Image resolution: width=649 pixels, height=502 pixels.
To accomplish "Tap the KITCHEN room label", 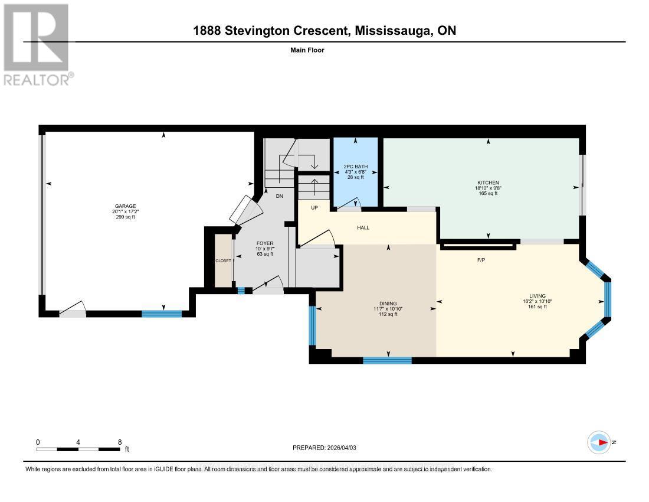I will [488, 182].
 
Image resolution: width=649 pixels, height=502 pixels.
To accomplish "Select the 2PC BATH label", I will [355, 166].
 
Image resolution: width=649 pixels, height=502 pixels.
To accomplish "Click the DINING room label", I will [389, 303].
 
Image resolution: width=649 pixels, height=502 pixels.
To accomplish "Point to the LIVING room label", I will [537, 296].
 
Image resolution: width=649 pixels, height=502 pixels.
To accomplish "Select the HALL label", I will [363, 227].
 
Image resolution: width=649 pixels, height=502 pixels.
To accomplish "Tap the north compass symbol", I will [600, 442].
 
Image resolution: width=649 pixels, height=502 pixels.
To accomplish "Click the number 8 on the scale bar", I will [120, 442].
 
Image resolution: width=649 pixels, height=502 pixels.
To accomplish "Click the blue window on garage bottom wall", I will [161, 314].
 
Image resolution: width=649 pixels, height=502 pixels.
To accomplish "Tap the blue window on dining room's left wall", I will [313, 325].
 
